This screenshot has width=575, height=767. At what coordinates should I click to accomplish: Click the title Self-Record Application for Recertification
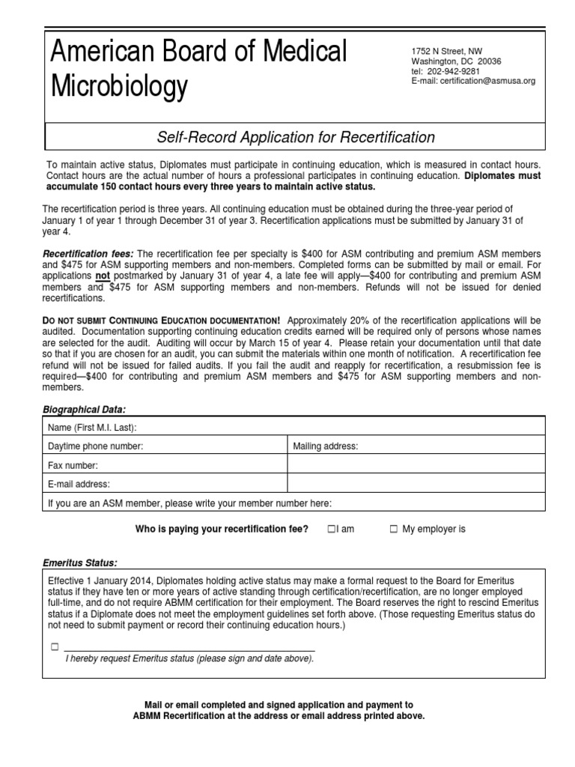click(x=295, y=137)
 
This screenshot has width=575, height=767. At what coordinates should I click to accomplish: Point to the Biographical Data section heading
click(x=83, y=410)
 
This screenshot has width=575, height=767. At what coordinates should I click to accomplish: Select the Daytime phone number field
click(x=165, y=446)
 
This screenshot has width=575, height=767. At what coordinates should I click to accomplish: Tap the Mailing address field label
click(x=326, y=446)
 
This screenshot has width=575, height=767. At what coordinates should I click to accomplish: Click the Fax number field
click(x=165, y=465)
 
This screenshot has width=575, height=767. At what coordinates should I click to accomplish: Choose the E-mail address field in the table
click(x=165, y=484)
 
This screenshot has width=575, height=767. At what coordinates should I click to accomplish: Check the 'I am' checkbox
click(x=331, y=530)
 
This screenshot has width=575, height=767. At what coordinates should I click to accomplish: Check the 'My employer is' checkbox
click(x=393, y=530)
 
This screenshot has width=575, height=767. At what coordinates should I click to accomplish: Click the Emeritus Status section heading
click(x=79, y=563)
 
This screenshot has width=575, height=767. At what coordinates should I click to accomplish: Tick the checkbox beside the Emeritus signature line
click(x=54, y=646)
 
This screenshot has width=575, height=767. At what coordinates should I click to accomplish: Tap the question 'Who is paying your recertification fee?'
click(x=221, y=530)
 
